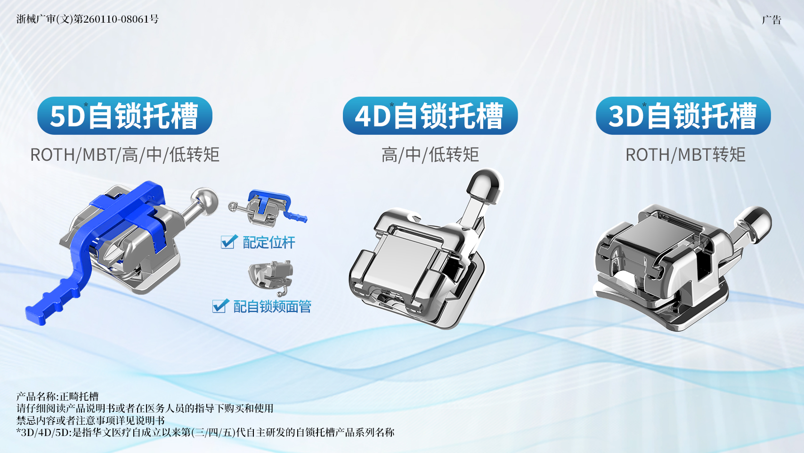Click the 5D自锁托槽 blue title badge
click(124, 115)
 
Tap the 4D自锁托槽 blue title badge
click(430, 115)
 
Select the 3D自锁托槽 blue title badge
click(683, 115)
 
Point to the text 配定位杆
click(269, 242)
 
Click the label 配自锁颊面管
click(272, 306)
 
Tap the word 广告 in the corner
click(772, 20)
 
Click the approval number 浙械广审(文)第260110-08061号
click(88, 19)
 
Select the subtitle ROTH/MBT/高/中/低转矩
click(124, 155)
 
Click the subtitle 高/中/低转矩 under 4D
click(430, 155)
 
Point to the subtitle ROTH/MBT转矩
click(685, 155)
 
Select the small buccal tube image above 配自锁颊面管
click(271, 277)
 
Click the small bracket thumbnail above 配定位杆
click(268, 208)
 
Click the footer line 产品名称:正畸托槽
click(57, 396)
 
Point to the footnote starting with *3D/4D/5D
click(205, 432)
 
